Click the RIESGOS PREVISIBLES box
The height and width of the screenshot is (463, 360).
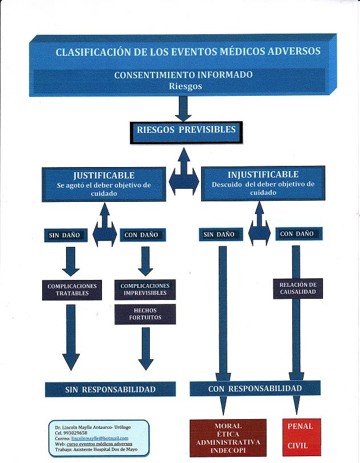pyautogui.click(x=186, y=133)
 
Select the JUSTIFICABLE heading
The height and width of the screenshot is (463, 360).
pyautogui.click(x=104, y=176)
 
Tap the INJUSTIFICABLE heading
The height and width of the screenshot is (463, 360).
pyautogui.click(x=263, y=174)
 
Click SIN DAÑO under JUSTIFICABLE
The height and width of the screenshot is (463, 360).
pyautogui.click(x=66, y=235)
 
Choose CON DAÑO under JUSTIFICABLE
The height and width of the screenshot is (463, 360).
pyautogui.click(x=143, y=235)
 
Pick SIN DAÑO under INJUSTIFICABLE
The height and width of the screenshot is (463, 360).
pyautogui.click(x=220, y=234)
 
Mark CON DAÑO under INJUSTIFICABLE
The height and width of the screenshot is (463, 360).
pyautogui.click(x=298, y=234)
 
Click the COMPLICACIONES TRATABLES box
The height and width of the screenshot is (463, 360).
pyautogui.click(x=72, y=290)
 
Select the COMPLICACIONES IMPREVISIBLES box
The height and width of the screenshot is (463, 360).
pyautogui.click(x=145, y=290)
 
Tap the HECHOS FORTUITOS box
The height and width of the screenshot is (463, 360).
pyautogui.click(x=145, y=314)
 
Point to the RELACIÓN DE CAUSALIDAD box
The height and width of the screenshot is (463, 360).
pyautogui.click(x=298, y=289)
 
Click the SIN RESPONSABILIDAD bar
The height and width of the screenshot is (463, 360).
pyautogui.click(x=111, y=389)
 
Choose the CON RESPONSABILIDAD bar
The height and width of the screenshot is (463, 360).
pyautogui.click(x=255, y=388)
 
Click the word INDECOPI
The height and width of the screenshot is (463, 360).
pyautogui.click(x=228, y=450)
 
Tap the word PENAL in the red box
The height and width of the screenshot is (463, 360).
pyautogui.click(x=300, y=427)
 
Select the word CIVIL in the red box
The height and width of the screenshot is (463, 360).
pyautogui.click(x=297, y=445)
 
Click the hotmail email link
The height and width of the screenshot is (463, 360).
pyautogui.click(x=100, y=438)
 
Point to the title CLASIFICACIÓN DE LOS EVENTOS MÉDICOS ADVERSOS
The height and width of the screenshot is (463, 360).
pyautogui.click(x=188, y=52)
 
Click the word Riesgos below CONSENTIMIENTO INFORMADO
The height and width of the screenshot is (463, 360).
pyautogui.click(x=185, y=86)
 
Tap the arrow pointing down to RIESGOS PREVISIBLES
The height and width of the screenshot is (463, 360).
pyautogui.click(x=183, y=109)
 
